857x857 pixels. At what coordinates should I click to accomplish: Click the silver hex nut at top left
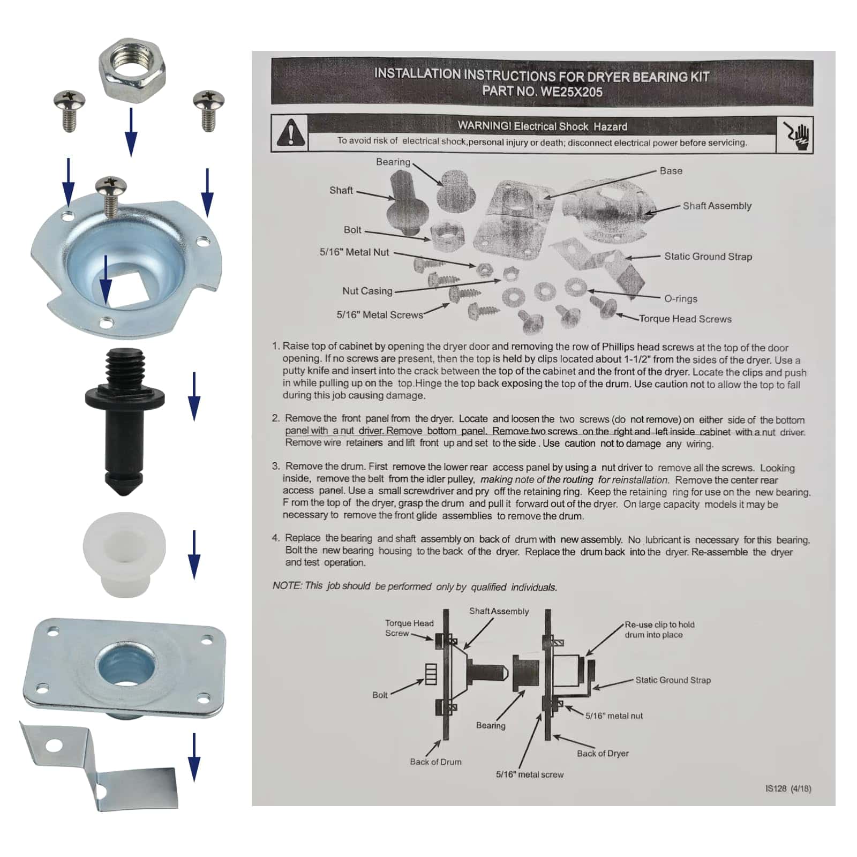[x=132, y=71]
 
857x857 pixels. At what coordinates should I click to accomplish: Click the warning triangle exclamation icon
[x=291, y=133]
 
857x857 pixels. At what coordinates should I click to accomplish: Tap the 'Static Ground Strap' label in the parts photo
[x=708, y=257]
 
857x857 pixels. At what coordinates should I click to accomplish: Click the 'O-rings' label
[x=681, y=299]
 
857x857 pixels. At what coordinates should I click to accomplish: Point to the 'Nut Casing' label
[x=367, y=291]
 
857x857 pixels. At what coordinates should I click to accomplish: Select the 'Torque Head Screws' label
[x=685, y=319]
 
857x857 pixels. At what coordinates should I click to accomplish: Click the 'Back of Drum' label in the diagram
[x=435, y=762]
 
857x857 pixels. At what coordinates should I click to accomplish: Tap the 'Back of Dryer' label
[x=603, y=753]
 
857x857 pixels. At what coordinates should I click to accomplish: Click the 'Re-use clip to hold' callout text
[x=659, y=625]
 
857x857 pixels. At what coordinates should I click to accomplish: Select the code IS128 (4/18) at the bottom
[x=788, y=788]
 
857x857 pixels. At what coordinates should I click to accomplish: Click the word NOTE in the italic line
[x=287, y=585]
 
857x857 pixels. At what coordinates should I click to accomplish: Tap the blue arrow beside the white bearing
[x=194, y=555]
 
